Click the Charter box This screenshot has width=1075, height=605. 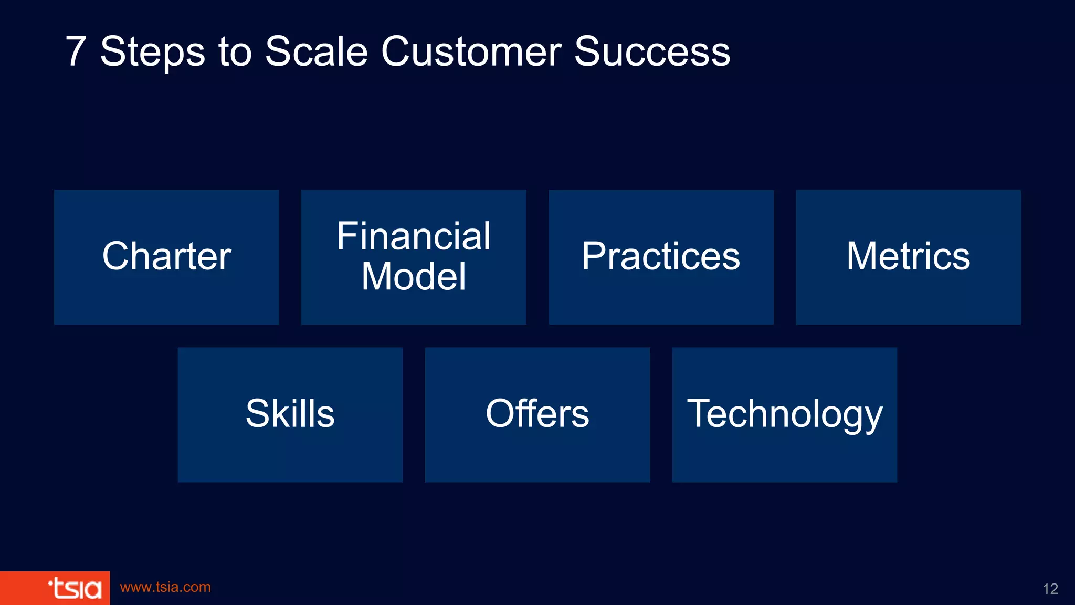click(x=166, y=257)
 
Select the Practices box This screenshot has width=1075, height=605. click(x=661, y=257)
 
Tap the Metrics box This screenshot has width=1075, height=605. click(x=908, y=257)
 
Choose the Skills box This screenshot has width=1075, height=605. click(x=290, y=414)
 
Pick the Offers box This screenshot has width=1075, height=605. click(x=537, y=414)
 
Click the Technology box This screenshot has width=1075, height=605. click(x=784, y=414)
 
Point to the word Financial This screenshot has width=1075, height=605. click(x=414, y=236)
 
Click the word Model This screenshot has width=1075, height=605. click(x=414, y=276)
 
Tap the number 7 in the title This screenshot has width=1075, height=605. click(x=76, y=51)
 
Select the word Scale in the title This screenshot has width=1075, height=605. click(x=316, y=51)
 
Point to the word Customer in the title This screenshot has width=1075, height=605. click(x=471, y=51)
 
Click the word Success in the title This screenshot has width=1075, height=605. click(x=652, y=51)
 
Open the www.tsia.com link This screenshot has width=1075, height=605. click(x=165, y=587)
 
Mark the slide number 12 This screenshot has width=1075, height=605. click(x=1050, y=589)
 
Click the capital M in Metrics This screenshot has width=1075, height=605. click(x=864, y=256)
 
